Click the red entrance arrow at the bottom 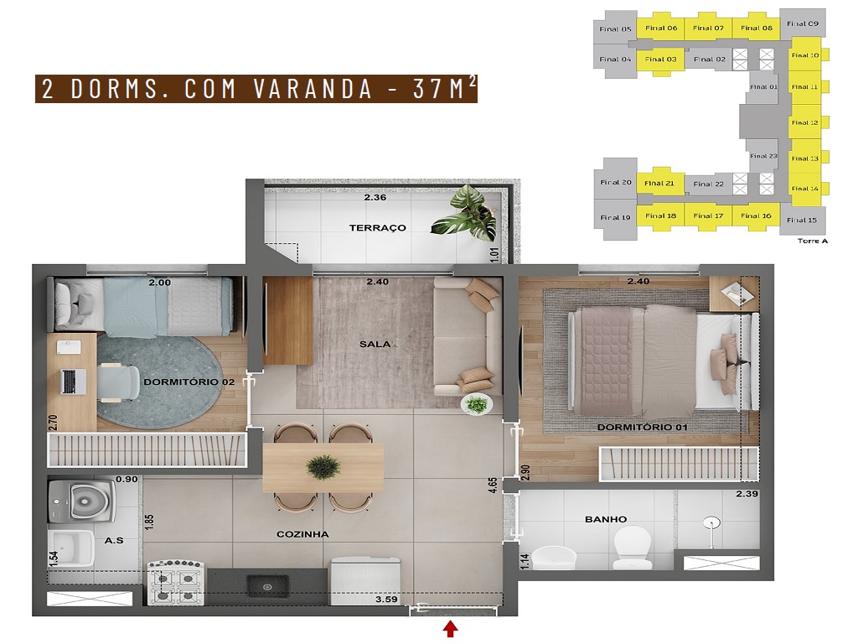(450, 628)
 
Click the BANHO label (606, 519)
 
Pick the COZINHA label (302, 534)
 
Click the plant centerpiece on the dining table (323, 467)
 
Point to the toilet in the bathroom (633, 547)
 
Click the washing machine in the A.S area (82, 501)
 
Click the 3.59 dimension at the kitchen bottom (386, 600)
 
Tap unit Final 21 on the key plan (659, 183)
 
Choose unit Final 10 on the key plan (805, 55)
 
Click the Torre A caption (812, 241)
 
